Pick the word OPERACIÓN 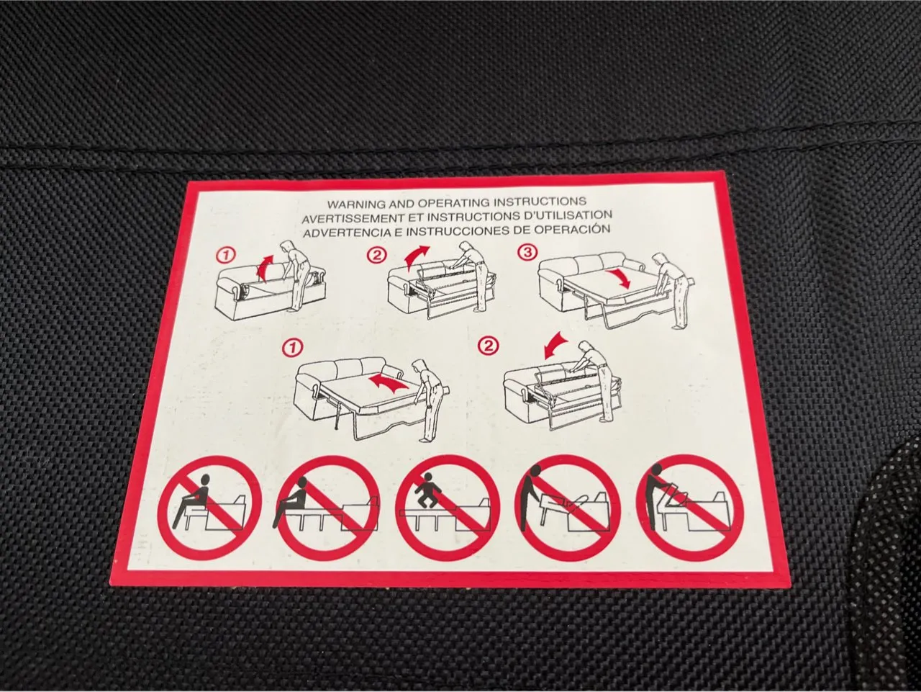(x=573, y=229)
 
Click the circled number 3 (x=527, y=252)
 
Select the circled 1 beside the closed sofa (x=226, y=255)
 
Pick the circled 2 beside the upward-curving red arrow (x=376, y=255)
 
